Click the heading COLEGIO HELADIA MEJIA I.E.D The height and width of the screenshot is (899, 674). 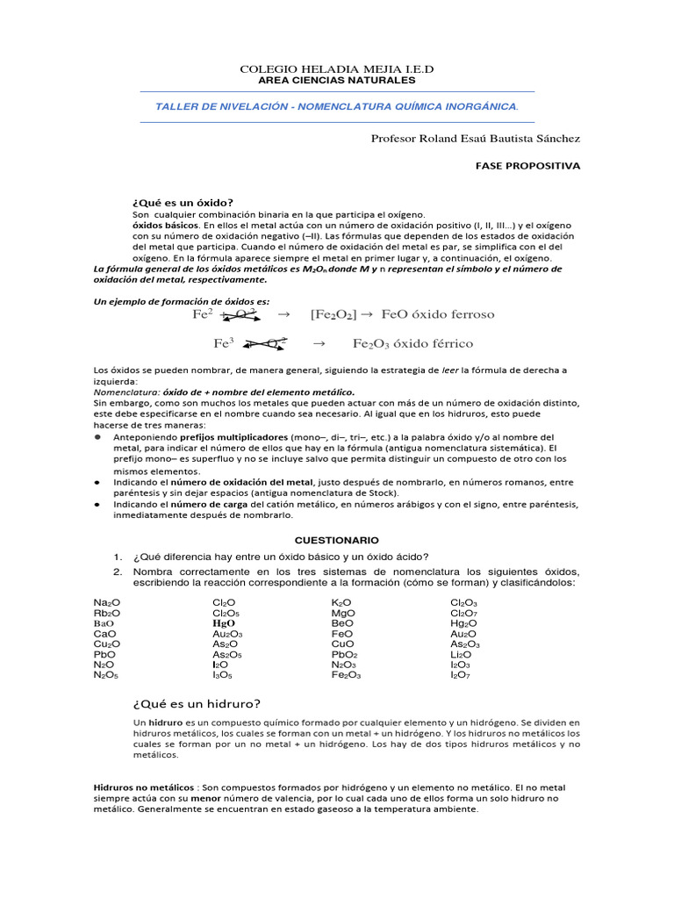[x=337, y=68]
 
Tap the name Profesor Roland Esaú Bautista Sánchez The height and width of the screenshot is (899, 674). [x=475, y=138]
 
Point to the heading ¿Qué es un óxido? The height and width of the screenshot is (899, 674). [x=183, y=202]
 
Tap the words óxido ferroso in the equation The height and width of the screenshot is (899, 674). [x=457, y=314]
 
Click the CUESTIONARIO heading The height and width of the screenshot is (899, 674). [x=336, y=539]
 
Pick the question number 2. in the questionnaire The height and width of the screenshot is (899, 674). [x=116, y=572]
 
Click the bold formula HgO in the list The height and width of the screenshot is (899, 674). [x=223, y=622]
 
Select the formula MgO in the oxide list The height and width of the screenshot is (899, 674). [x=343, y=612]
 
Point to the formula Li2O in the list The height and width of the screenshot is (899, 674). [x=461, y=654]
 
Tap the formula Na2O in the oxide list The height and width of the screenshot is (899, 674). [x=106, y=602]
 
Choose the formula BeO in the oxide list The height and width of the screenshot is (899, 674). [x=342, y=622]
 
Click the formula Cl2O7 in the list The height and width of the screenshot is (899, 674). [x=464, y=612]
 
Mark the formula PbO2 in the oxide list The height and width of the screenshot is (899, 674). [x=344, y=654]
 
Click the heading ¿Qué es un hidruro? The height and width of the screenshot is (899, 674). [x=197, y=703]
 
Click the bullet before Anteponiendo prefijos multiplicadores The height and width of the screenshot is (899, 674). [x=97, y=437]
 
